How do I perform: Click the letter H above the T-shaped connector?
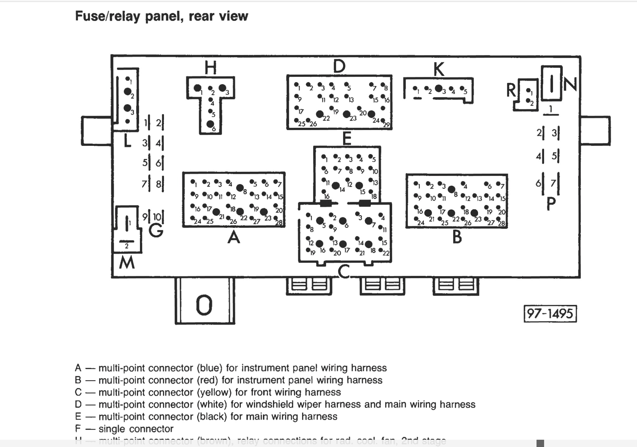pos(210,67)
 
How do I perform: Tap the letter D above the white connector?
pos(339,66)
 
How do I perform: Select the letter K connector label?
pos(439,69)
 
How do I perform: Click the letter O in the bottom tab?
pos(204,305)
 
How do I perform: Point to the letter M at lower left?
pos(127,263)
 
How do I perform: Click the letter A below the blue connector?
pos(234,237)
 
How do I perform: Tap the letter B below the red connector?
pos(457,237)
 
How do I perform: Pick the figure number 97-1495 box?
pos(550,314)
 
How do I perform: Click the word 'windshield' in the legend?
pos(270,404)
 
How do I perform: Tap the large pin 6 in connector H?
pos(210,124)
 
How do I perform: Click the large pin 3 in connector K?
pos(439,89)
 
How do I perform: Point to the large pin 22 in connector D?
pos(320,114)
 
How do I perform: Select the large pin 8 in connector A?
pos(240,188)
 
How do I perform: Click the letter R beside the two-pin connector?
pos(511,90)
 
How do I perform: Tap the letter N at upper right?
pos(570,85)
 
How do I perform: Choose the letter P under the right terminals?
pos(551,204)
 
